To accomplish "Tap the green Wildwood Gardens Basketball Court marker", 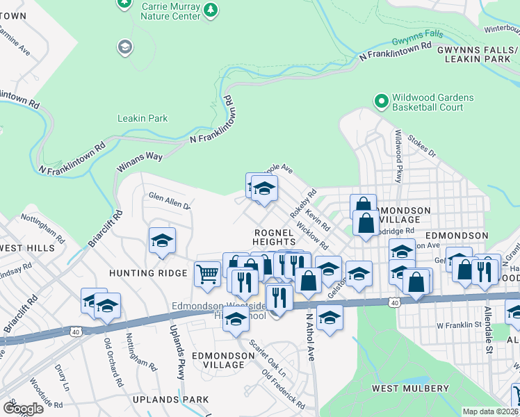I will (381, 102).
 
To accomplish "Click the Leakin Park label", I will (143, 118).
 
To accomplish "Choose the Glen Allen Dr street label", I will (169, 203).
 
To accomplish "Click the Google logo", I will (23, 408).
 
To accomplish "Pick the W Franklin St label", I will (459, 325).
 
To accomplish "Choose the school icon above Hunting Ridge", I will (162, 240).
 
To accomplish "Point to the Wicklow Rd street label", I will (311, 237).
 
